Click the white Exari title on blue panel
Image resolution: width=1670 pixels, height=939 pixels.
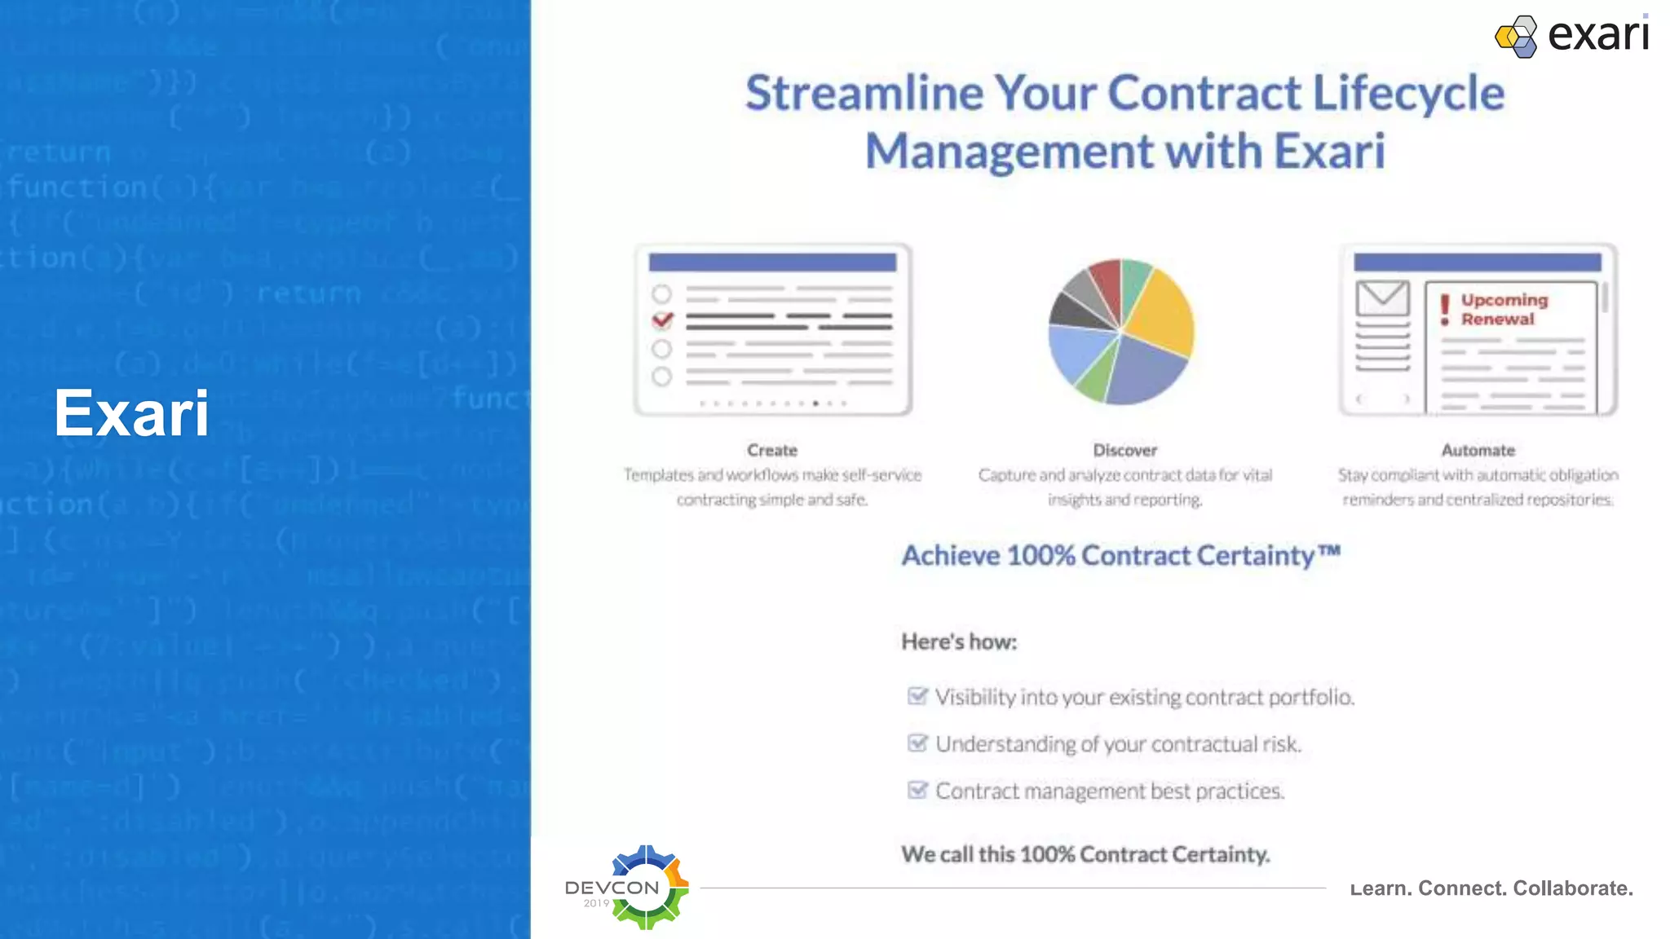pos(131,413)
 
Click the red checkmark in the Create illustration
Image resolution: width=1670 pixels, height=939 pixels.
pos(662,320)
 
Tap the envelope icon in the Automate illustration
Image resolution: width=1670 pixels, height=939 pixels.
pos(1382,298)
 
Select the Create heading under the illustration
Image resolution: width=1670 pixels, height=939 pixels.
pos(771,450)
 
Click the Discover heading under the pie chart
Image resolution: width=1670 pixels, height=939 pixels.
pos(1124,450)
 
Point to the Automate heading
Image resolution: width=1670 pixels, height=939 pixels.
pos(1478,450)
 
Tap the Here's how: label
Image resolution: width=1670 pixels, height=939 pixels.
pos(959,642)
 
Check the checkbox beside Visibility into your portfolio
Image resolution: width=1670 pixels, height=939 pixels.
pos(917,696)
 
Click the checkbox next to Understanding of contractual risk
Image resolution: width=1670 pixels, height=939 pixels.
pos(917,743)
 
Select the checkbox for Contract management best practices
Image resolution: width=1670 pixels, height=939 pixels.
pos(917,790)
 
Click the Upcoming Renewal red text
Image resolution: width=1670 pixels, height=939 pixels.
pos(1504,310)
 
